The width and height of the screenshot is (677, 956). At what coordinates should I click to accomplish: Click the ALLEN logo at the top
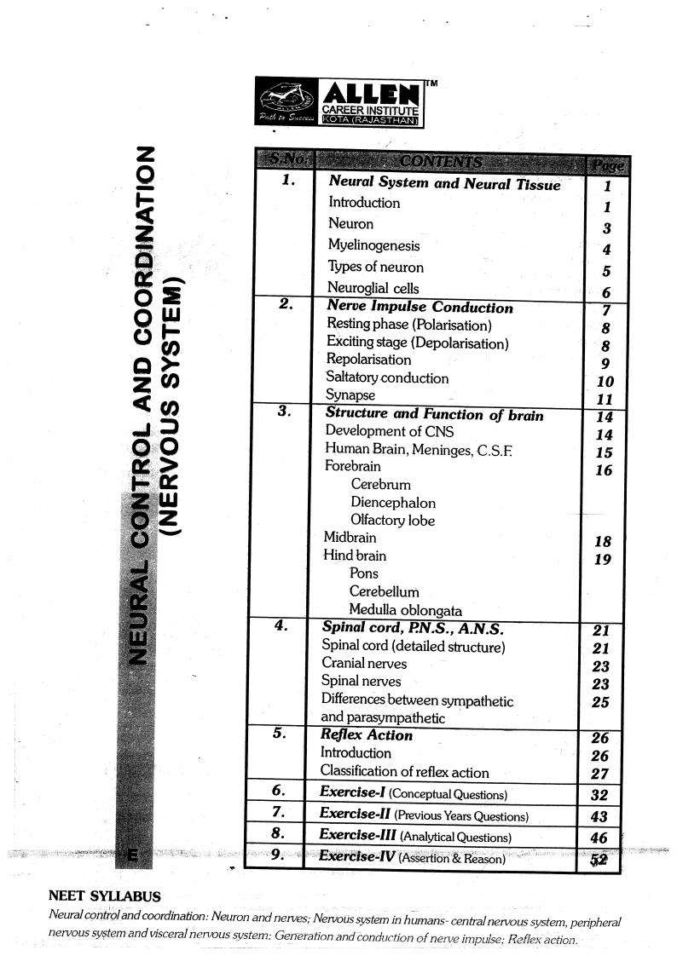click(339, 103)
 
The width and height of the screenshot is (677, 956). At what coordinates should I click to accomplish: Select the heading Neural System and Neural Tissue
click(444, 183)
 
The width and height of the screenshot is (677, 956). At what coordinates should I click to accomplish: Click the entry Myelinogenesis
click(373, 245)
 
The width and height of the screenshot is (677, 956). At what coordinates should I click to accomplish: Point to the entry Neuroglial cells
click(373, 288)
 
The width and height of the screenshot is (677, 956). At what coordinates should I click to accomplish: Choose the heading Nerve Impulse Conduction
click(420, 307)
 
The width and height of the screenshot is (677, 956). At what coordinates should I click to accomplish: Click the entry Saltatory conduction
click(386, 377)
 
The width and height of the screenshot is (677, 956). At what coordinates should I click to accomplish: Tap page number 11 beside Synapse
click(605, 400)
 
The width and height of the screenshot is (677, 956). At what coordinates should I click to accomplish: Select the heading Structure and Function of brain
click(434, 415)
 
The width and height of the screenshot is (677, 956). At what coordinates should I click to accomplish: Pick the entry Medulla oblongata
click(405, 610)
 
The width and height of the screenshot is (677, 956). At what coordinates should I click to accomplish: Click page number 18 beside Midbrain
click(603, 542)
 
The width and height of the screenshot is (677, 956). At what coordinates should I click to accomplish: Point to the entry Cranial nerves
click(364, 663)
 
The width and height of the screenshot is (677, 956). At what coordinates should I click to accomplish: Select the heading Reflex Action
click(366, 735)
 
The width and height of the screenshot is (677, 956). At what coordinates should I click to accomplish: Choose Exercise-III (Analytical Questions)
click(415, 836)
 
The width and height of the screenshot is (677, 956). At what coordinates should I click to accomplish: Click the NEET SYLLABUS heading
click(104, 896)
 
